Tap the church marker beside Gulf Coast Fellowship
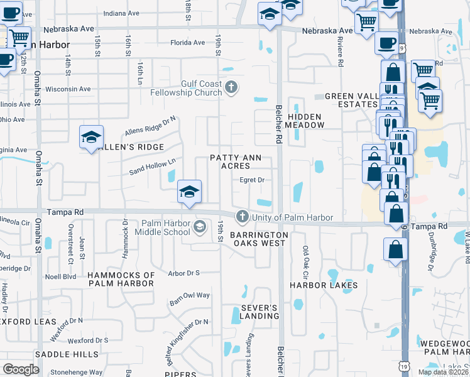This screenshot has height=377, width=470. (x=231, y=87)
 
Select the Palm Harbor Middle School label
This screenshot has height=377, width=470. (x=157, y=227)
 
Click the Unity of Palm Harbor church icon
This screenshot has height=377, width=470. (x=242, y=217)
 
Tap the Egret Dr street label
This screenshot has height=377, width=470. (x=251, y=180)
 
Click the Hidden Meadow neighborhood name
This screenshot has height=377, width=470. (x=305, y=121)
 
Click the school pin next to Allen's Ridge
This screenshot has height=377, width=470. (x=91, y=138)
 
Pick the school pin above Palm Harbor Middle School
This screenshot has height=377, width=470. (x=189, y=192)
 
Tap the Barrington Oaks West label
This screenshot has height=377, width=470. (x=259, y=239)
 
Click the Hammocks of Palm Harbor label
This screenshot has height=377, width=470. (x=121, y=279)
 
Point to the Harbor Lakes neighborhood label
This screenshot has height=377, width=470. (x=324, y=285)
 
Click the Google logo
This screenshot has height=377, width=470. (x=21, y=369)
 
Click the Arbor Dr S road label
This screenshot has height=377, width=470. (x=183, y=273)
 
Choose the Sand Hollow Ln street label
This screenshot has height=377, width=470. (x=152, y=167)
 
